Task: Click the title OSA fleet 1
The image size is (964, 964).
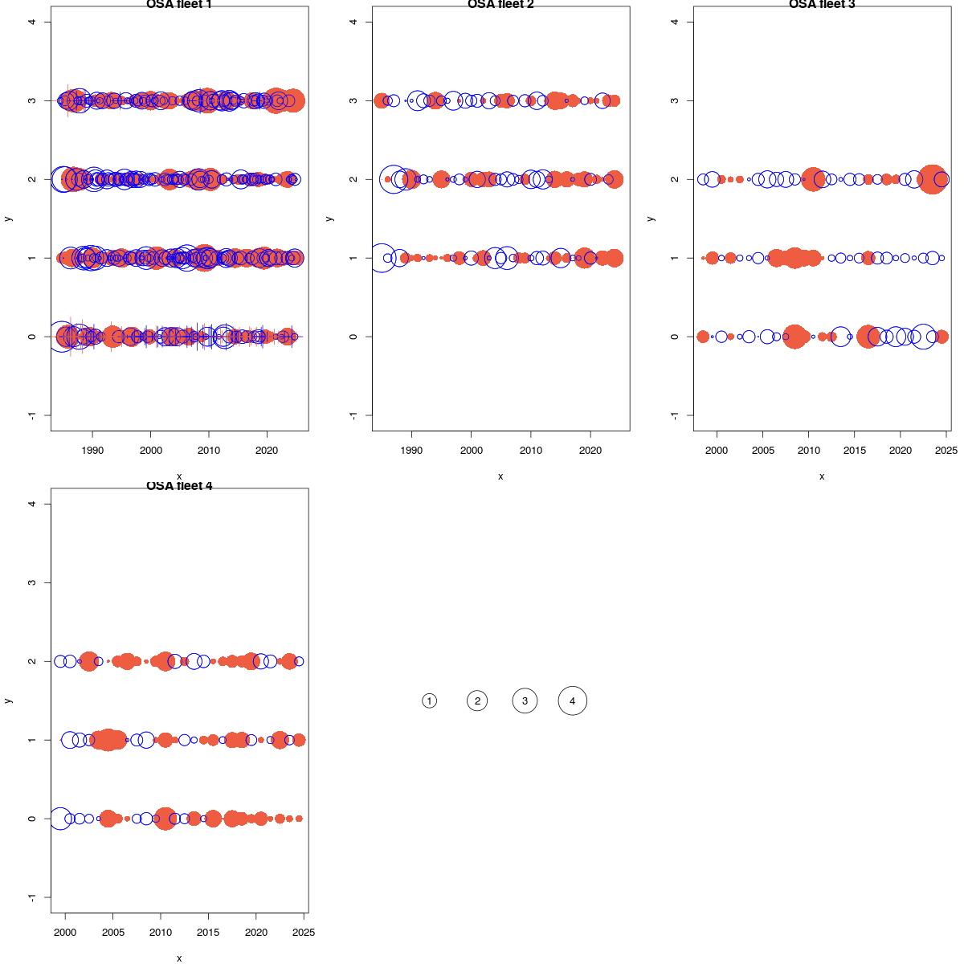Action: coord(179,5)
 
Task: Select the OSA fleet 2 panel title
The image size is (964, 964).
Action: coord(500,5)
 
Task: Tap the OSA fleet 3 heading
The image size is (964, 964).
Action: coord(822,5)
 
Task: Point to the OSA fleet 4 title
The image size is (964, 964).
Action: coord(179,486)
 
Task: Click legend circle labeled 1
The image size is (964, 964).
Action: coord(430,701)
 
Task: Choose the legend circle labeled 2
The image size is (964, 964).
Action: coord(477,701)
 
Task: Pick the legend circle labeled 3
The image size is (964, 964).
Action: coord(525,701)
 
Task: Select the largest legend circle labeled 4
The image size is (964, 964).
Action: coord(573,701)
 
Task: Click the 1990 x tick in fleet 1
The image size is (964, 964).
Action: coord(92,451)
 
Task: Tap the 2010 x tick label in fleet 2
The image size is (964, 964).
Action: coord(531,451)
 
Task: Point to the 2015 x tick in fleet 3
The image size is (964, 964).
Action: coord(855,451)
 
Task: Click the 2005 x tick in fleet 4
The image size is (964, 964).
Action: coord(112,933)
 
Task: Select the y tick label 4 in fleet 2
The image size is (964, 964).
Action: coord(353,22)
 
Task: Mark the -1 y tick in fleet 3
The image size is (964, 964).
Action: coord(675,415)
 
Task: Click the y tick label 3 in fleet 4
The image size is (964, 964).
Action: coord(32,582)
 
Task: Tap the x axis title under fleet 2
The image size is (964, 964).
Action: coord(500,476)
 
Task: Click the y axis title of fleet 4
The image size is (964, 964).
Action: coord(8,701)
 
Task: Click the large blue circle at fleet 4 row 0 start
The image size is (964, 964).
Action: coord(60,819)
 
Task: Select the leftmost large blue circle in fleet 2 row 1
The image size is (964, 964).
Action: coord(382,258)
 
